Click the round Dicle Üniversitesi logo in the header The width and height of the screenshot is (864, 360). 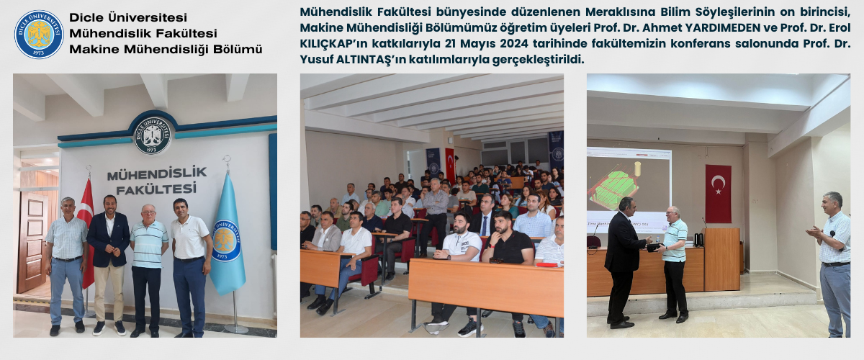(x=39, y=35)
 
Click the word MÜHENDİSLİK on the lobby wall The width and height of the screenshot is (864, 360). (x=157, y=174)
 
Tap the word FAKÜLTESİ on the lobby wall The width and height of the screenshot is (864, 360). (x=157, y=189)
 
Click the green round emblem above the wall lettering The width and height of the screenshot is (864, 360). (x=152, y=136)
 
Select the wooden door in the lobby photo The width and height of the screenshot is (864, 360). (x=33, y=240)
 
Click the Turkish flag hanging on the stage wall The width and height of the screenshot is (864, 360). (x=719, y=194)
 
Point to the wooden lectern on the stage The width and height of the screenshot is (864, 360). (x=722, y=258)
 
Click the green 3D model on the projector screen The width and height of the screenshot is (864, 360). (x=613, y=190)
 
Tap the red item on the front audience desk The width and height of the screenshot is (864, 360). (x=546, y=264)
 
